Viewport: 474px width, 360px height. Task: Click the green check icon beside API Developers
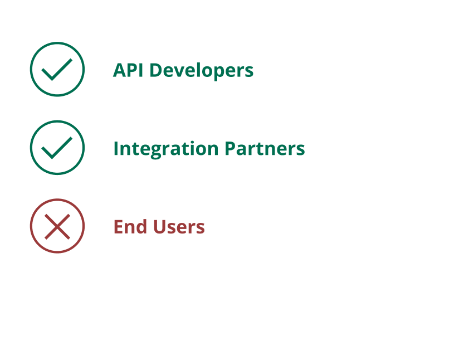[57, 69]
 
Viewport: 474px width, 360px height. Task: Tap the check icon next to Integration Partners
[57, 148]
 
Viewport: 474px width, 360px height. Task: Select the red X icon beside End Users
[57, 226]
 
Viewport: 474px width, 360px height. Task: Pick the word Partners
[265, 149]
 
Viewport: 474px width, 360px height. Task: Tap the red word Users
[178, 227]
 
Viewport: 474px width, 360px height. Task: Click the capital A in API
[120, 70]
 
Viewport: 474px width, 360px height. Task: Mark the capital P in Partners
[231, 148]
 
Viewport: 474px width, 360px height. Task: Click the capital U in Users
[159, 227]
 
